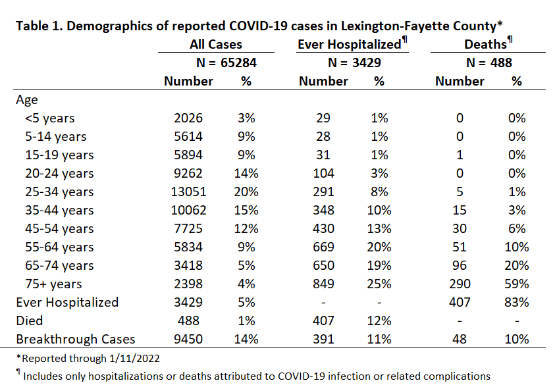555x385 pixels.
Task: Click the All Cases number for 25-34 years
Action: (188, 192)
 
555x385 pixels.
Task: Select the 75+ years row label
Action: (53, 284)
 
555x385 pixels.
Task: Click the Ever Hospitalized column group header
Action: (352, 43)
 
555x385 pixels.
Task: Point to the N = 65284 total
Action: (226, 63)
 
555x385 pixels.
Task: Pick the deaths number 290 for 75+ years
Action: (460, 284)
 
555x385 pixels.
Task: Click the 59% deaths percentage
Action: (517, 284)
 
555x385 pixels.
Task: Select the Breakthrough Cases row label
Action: (76, 339)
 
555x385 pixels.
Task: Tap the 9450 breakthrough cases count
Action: (188, 339)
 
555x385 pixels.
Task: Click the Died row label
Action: (30, 321)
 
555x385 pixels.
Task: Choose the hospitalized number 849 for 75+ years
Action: (323, 284)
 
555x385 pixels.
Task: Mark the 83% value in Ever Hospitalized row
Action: (517, 302)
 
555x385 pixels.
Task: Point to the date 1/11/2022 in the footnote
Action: (134, 359)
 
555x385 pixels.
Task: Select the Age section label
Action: (27, 100)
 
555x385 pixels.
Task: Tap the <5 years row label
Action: (50, 118)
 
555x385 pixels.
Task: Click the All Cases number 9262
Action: (188, 173)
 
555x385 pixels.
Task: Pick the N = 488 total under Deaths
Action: (489, 63)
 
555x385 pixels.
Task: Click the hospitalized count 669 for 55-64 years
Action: (323, 247)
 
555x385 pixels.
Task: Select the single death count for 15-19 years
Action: (460, 155)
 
